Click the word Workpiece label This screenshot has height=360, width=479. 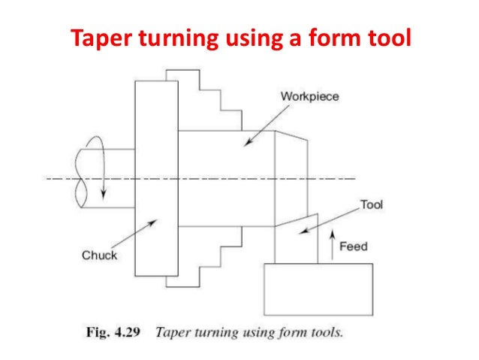(x=309, y=97)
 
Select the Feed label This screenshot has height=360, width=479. (x=353, y=246)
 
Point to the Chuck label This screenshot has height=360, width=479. (x=100, y=256)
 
